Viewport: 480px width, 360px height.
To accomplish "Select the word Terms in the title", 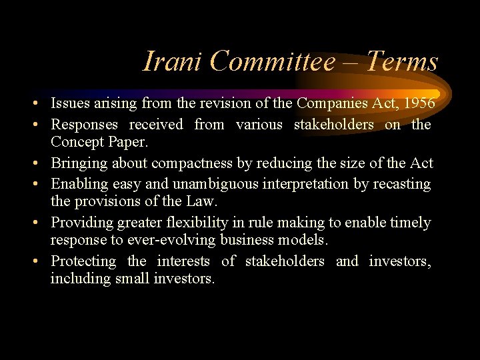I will [x=403, y=62].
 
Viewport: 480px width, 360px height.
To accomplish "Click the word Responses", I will [x=85, y=124].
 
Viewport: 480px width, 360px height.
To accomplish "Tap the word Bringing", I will [x=78, y=163].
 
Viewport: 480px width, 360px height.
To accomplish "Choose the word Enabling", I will [x=77, y=183].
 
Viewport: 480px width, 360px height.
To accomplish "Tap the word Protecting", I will [x=84, y=261].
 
